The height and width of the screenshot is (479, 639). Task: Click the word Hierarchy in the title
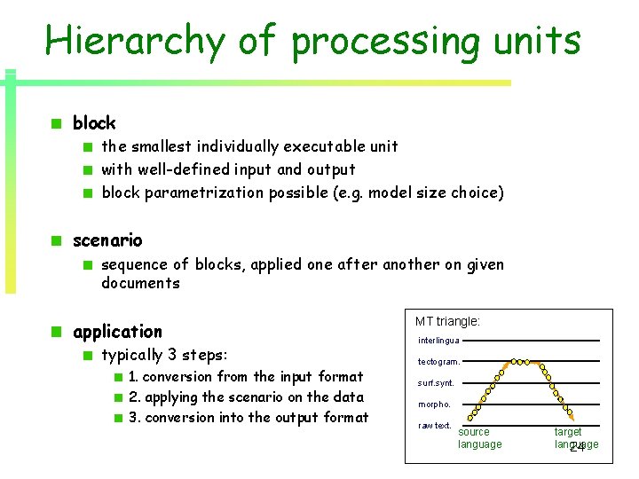tap(134, 42)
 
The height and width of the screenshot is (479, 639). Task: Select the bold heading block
tap(94, 123)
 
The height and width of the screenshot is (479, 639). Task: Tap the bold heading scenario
tap(107, 240)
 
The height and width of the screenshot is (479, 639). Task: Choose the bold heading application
tap(117, 332)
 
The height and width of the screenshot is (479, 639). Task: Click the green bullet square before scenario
tap(55, 240)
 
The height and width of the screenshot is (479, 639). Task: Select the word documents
tap(140, 284)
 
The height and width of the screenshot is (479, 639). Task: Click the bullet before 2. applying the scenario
tap(119, 397)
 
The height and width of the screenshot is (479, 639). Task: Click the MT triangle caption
tap(447, 321)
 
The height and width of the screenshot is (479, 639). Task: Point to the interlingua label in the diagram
tap(438, 341)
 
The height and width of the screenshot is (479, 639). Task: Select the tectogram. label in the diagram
tap(438, 362)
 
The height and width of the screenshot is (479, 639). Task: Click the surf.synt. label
tap(436, 383)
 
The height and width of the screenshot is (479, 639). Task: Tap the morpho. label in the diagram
tap(434, 404)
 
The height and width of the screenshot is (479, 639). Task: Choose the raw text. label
tap(435, 426)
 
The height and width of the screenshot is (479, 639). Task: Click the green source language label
tap(479, 438)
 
